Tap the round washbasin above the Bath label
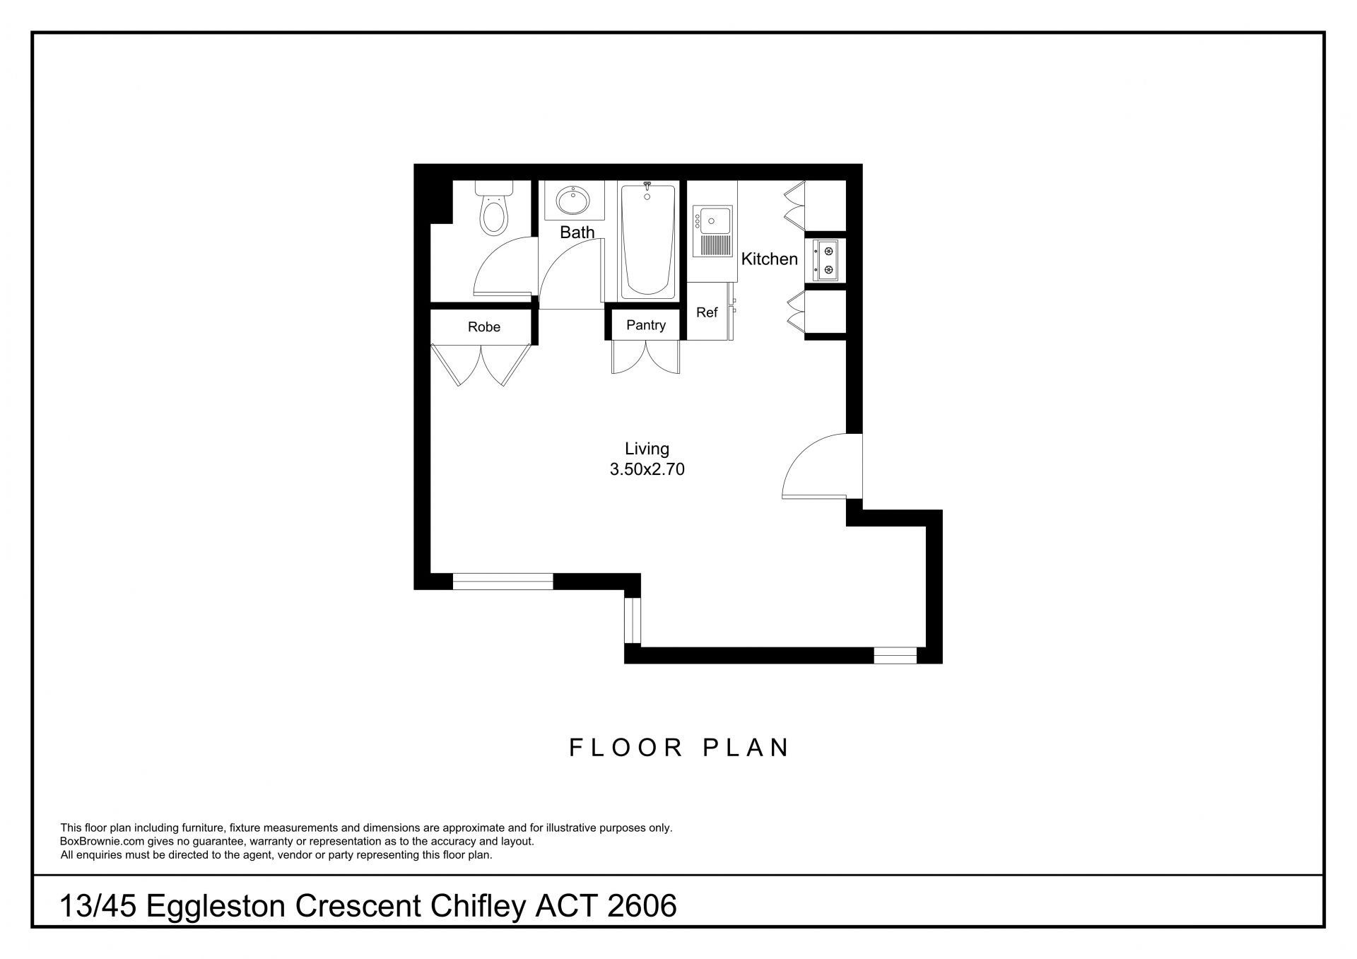coord(574,201)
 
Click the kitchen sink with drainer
coord(712,231)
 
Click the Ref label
coord(707,312)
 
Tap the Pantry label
coord(646,325)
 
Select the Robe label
coord(484,327)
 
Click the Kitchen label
coord(769,259)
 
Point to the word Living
coord(647,449)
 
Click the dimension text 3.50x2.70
coord(647,469)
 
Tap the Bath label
coord(577,232)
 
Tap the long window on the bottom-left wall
coord(503,582)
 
